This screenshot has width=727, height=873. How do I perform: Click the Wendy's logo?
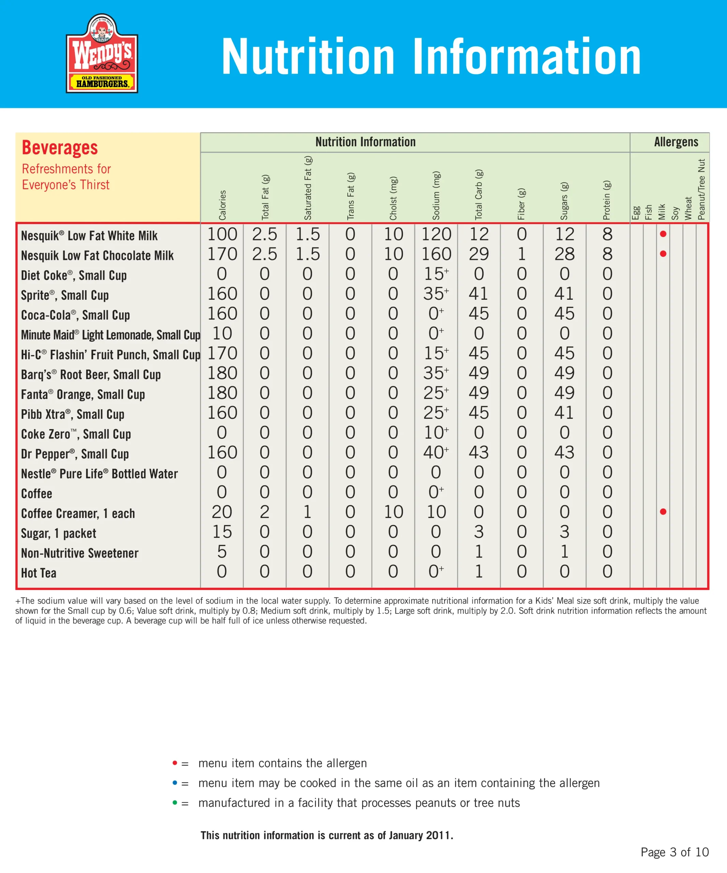coord(102,53)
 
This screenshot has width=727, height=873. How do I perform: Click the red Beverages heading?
coord(60,148)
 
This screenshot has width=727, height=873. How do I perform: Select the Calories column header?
coord(222,205)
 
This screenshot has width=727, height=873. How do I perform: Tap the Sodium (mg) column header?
coord(436,195)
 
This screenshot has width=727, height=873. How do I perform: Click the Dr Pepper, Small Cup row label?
coord(75,454)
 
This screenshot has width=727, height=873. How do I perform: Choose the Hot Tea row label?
coord(39,573)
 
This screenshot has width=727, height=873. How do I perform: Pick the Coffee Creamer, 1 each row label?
coord(78,514)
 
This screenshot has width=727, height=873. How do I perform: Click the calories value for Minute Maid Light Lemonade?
coord(222,334)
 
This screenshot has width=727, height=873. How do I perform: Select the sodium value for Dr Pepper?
coord(435,452)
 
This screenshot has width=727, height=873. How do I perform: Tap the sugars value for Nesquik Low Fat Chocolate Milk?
coord(564,254)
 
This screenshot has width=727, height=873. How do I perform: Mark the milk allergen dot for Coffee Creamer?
coord(663,512)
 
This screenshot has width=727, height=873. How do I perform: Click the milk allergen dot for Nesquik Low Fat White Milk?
coord(663,234)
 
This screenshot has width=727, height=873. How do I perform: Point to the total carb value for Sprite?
coord(479,294)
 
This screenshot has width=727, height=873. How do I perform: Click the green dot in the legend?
coord(175,802)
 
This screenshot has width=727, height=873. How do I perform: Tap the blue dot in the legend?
coord(175,782)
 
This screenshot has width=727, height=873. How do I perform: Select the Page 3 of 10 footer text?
coord(674,852)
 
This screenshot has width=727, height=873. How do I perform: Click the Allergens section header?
coord(676,142)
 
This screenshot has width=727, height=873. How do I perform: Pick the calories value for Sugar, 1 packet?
coord(222,532)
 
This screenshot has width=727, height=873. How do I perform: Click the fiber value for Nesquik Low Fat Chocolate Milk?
coord(521,254)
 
